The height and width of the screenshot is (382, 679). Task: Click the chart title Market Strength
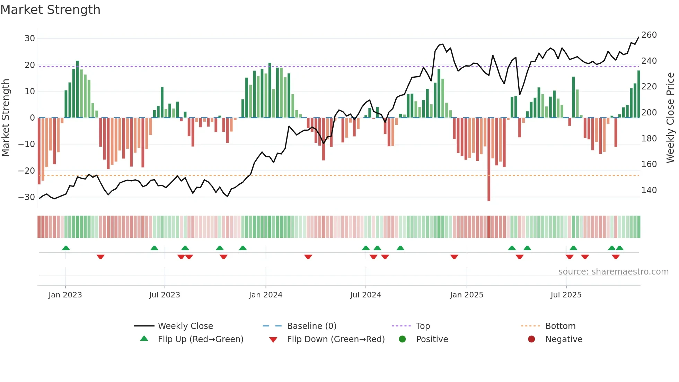(50, 10)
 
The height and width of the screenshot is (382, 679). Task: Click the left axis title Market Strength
(6, 118)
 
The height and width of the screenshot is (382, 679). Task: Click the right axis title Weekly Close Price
(670, 118)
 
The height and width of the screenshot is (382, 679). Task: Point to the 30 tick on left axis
(30, 38)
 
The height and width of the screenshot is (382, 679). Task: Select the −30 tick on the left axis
(27, 197)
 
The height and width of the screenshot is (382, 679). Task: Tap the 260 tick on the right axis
(649, 35)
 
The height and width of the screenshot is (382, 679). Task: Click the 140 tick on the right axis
(649, 190)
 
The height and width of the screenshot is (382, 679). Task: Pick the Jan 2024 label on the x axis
(265, 295)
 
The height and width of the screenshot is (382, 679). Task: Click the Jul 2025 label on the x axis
(566, 295)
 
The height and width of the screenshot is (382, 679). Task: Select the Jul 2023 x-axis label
(165, 295)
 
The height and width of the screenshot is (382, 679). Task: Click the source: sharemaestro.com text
(613, 272)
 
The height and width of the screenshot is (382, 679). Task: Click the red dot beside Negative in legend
(531, 339)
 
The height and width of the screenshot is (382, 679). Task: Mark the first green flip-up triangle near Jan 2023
(66, 248)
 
